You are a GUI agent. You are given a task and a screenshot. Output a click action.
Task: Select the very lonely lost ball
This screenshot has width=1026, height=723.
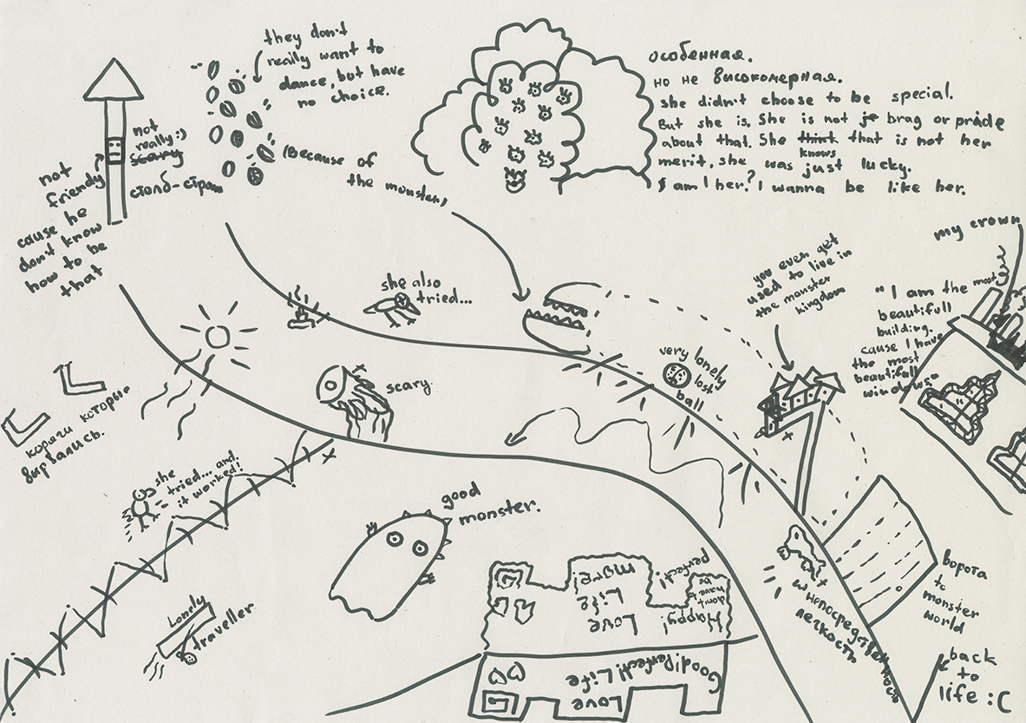click(x=677, y=376)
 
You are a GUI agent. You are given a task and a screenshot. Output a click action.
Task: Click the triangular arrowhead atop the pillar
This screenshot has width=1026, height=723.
click(x=114, y=82)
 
